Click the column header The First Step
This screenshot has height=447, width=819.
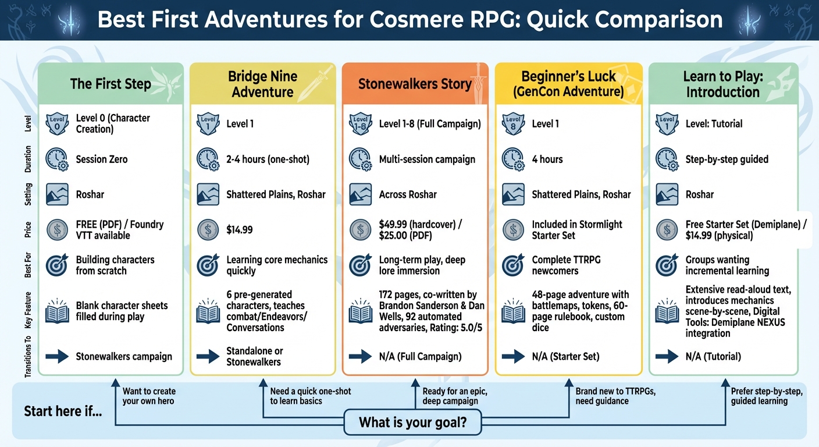(111, 84)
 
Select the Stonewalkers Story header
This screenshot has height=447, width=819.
(415, 84)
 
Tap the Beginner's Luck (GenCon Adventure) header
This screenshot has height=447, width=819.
(568, 84)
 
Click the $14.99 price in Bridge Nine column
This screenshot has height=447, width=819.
(240, 230)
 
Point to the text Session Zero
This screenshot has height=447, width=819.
(102, 159)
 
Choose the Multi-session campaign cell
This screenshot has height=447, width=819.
(427, 159)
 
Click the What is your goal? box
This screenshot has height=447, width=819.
(412, 423)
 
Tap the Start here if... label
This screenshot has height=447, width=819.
(63, 411)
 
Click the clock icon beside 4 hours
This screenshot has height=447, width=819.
(512, 159)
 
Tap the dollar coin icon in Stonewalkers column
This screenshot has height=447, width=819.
(360, 230)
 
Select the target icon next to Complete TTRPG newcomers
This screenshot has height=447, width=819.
(512, 265)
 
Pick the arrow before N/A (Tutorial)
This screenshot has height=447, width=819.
(667, 356)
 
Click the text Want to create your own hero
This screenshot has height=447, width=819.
(149, 396)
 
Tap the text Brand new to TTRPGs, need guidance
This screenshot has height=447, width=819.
(615, 396)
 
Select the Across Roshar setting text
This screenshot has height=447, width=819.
(408, 194)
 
